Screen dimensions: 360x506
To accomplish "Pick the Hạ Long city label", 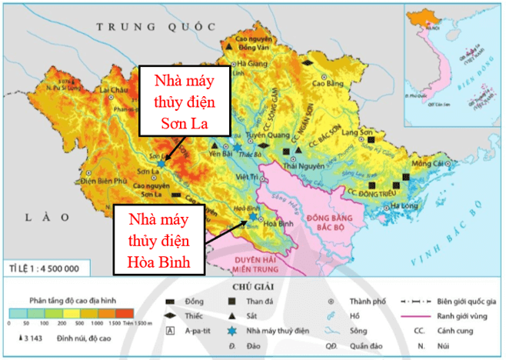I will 404,205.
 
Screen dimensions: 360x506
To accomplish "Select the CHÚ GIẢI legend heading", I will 253,287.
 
